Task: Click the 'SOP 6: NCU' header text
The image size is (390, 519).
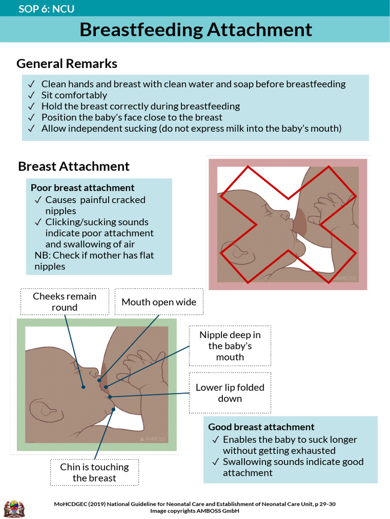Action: coord(46,9)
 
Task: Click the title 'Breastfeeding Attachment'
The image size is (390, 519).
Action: coord(196,30)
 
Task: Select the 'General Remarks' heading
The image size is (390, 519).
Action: coord(67,64)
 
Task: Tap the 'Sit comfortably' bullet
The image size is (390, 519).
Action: coord(74,95)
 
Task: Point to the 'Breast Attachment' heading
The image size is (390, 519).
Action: coord(74,166)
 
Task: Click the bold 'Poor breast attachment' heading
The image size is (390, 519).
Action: coord(82,188)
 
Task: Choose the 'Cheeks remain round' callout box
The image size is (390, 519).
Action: coord(64,302)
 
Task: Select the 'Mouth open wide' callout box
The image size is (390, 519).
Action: coord(158,302)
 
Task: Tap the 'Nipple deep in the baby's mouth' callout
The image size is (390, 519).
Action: coord(230,346)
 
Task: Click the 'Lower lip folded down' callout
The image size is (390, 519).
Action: coord(230,393)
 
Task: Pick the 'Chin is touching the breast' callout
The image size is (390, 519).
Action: coord(94,472)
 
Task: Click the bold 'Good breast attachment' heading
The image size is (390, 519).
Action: coord(261,427)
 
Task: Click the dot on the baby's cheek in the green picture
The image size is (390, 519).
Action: coord(84,387)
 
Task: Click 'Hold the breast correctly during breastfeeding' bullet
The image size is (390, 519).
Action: coord(141,106)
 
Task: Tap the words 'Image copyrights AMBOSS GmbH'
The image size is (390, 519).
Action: coord(194,511)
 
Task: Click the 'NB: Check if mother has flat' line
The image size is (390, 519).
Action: coord(94,255)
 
